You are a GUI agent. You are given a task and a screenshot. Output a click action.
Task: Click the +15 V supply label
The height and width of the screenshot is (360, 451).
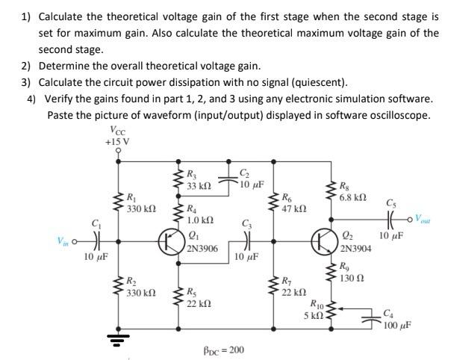[x=117, y=140]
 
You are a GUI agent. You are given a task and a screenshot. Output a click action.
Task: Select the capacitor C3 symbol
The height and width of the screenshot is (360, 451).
[x=247, y=240]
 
